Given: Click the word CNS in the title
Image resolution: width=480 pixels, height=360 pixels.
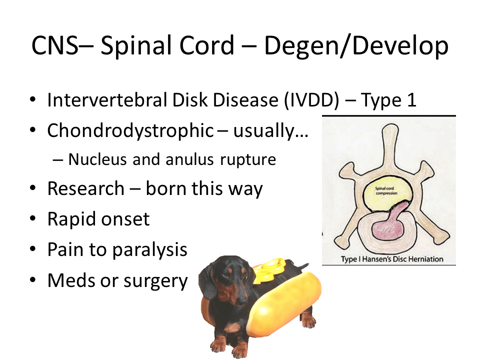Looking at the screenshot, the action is (54, 45).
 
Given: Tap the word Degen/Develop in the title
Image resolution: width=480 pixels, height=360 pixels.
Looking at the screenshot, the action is (356, 46).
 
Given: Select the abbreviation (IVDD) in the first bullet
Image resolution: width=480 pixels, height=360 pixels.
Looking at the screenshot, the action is (311, 100).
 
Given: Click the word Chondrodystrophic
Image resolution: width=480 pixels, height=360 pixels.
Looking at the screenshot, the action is (130, 131).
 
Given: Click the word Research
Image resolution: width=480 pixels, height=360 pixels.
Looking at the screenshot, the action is (85, 188).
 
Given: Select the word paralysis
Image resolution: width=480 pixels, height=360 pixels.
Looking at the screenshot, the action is (149, 250).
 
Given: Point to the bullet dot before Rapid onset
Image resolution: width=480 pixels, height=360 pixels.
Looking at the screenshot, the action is (33, 218).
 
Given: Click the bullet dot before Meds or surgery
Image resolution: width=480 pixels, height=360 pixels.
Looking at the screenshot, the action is (33, 280).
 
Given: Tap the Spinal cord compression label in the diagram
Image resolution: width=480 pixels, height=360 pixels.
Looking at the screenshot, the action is (386, 190).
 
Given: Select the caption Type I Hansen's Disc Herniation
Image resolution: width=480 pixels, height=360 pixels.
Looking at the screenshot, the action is (392, 259).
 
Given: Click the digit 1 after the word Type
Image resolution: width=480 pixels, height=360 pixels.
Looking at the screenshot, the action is (411, 100).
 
